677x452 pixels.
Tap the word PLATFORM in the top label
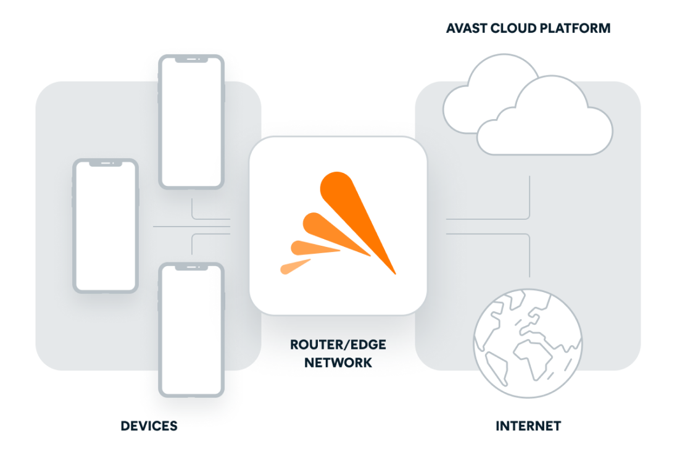[579, 28]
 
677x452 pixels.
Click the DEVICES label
[149, 425]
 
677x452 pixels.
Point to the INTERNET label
[528, 425]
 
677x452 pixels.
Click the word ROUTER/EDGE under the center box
[338, 345]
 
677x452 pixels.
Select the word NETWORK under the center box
[338, 362]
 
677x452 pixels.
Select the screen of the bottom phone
[191, 330]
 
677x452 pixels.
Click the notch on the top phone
[191, 60]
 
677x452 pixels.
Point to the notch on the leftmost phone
[106, 164]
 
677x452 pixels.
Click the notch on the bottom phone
[191, 267]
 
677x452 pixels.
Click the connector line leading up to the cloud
[530, 196]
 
